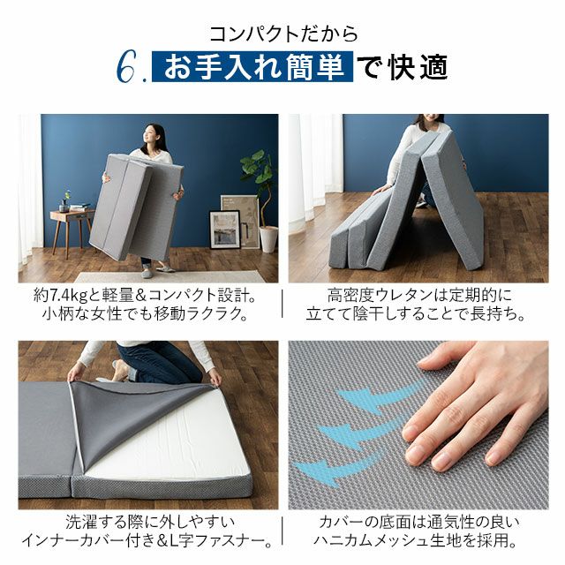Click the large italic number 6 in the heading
point(127,67)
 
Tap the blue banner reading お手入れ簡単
point(252,67)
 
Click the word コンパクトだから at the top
point(282,34)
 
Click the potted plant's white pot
point(268,239)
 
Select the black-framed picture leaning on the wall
point(225,230)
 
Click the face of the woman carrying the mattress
point(151,136)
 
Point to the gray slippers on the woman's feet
point(155,271)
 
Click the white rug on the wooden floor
point(169,276)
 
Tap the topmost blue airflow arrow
point(379,396)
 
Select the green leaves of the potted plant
point(258,169)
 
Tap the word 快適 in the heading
point(418,67)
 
